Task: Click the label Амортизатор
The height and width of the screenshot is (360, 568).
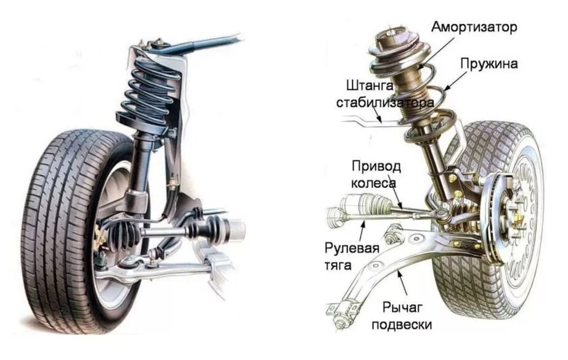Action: coord(474,28)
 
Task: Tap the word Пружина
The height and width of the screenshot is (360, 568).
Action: coord(489,63)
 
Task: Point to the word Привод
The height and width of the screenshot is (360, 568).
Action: coord(376,166)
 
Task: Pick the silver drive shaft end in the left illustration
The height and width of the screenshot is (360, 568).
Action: coord(232,231)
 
